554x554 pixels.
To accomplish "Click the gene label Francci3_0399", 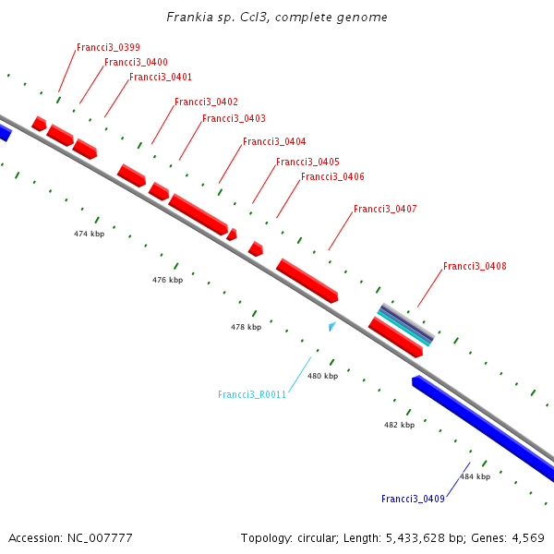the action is pos(108,47).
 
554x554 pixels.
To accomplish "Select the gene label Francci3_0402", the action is pos(206,102).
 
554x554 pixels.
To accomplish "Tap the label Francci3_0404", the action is pos(274,141).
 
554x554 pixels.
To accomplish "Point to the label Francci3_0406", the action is pos(332,176).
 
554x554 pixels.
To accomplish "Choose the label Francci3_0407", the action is pos(385,210).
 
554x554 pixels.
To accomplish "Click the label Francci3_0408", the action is pos(475,266).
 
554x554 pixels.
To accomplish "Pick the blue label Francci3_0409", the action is pos(413,499).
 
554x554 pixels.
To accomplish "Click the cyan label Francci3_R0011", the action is pos(252,394).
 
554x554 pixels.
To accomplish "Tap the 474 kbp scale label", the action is pos(90,234).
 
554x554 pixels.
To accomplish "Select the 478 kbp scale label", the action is pos(246,327).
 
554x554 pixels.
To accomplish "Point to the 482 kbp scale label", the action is pos(399,425).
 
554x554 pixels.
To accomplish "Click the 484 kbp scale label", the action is pos(475,476).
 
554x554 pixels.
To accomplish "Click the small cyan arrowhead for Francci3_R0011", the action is pos(332,326).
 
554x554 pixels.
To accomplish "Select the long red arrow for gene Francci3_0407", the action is pos(307,280).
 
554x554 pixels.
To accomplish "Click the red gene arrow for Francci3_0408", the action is pos(395,337).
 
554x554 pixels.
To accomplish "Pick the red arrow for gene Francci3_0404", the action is pos(198,214).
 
